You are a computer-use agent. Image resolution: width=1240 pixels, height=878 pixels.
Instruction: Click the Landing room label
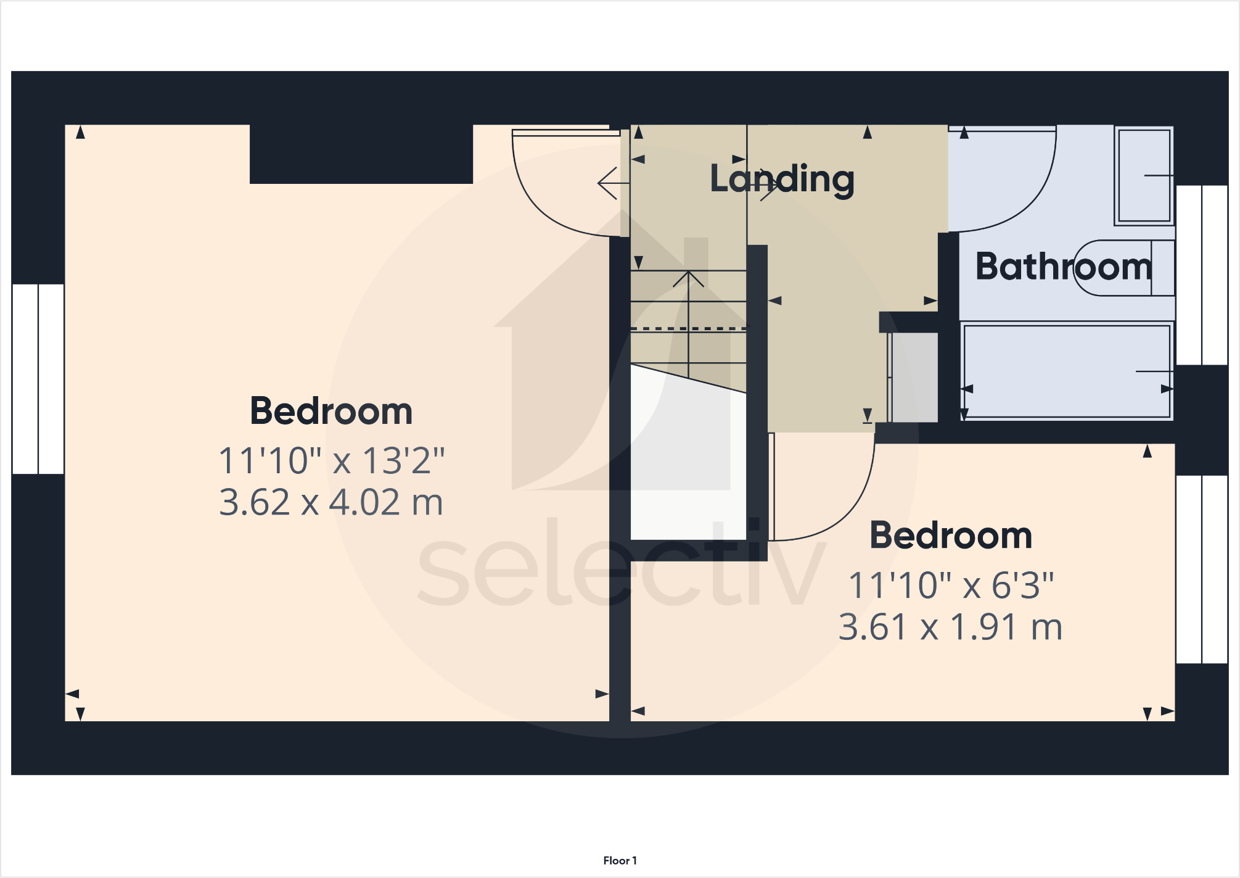tap(782, 179)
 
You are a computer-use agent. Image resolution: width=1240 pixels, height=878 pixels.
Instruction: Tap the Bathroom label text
tap(1063, 267)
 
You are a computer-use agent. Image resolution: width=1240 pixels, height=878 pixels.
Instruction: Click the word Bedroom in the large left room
tap(331, 411)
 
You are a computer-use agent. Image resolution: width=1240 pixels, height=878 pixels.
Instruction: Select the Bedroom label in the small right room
tap(951, 535)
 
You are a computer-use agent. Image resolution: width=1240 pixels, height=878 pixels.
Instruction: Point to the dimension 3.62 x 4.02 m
tap(331, 502)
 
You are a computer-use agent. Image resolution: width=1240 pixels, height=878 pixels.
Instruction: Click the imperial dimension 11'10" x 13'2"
tap(331, 460)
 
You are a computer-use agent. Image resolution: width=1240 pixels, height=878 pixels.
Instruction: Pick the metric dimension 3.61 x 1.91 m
tap(951, 627)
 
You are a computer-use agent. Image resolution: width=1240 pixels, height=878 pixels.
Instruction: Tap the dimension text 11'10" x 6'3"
tap(951, 585)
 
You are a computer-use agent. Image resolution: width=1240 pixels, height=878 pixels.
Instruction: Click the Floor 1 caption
tap(620, 860)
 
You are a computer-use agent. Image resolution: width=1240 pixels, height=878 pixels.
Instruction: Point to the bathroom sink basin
tap(1144, 175)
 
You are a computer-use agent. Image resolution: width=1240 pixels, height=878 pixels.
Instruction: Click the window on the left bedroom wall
tap(38, 379)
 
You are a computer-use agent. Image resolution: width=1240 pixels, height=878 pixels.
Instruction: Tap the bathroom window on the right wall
tap(1201, 275)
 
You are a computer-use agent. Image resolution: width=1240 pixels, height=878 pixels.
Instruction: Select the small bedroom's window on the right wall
tap(1201, 569)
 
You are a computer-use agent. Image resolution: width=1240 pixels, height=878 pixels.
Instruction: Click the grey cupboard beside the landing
tap(914, 377)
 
